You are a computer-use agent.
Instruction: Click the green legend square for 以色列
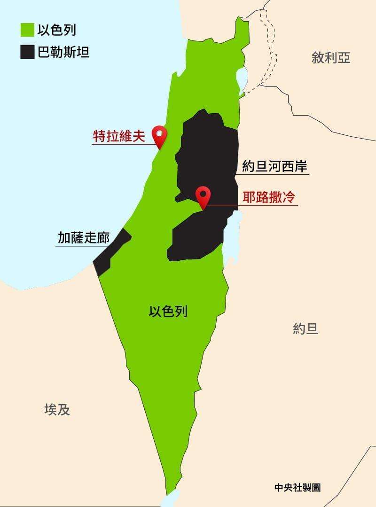point(27,31)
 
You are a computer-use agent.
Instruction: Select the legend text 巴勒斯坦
point(63,51)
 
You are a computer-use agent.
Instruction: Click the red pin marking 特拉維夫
point(160,136)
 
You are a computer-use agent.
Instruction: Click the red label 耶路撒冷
point(269,197)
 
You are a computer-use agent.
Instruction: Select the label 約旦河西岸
point(275,167)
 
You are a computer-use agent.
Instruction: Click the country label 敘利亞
point(331,58)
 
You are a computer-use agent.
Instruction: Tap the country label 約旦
point(305,329)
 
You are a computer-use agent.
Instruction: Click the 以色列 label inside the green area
point(168,311)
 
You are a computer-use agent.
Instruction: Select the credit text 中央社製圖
point(298,488)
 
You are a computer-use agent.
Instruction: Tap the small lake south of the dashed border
point(242,77)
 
